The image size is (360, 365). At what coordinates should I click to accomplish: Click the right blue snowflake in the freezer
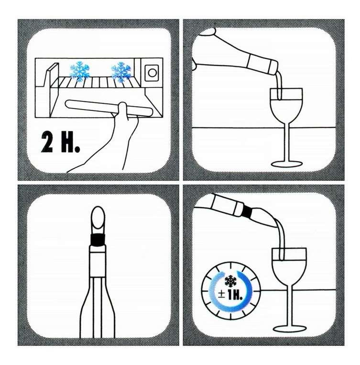121,72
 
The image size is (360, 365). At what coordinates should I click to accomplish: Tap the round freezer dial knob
152,73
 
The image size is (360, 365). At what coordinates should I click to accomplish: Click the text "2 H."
61,143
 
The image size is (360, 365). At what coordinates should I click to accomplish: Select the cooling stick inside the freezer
109,108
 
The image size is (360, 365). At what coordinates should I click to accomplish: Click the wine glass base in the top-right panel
286,164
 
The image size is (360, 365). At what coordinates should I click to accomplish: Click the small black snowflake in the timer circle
230,281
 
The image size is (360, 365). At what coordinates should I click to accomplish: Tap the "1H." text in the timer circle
235,296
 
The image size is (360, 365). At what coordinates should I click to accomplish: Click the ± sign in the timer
221,296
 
